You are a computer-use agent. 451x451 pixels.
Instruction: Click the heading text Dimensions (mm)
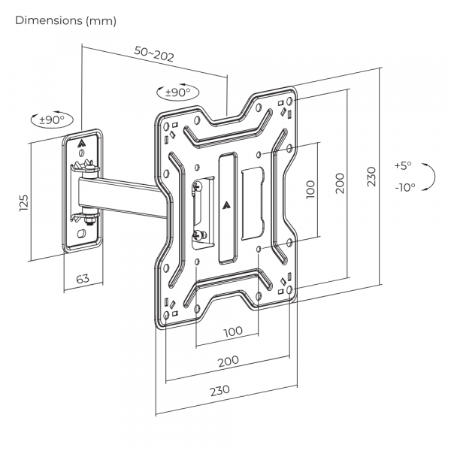[66, 21]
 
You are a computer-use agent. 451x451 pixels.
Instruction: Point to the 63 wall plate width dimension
[83, 280]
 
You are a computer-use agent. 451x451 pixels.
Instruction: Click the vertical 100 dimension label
[311, 188]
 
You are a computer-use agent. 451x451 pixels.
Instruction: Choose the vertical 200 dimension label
[340, 183]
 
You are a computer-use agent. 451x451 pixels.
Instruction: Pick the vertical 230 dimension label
[370, 176]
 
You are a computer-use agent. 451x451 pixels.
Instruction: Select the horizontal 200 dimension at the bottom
[228, 361]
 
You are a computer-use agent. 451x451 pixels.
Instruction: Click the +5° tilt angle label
[403, 165]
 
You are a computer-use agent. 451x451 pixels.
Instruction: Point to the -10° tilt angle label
[404, 188]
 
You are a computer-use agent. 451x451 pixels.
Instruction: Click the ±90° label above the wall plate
[53, 119]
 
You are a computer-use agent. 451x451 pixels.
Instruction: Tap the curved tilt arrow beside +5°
[430, 177]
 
